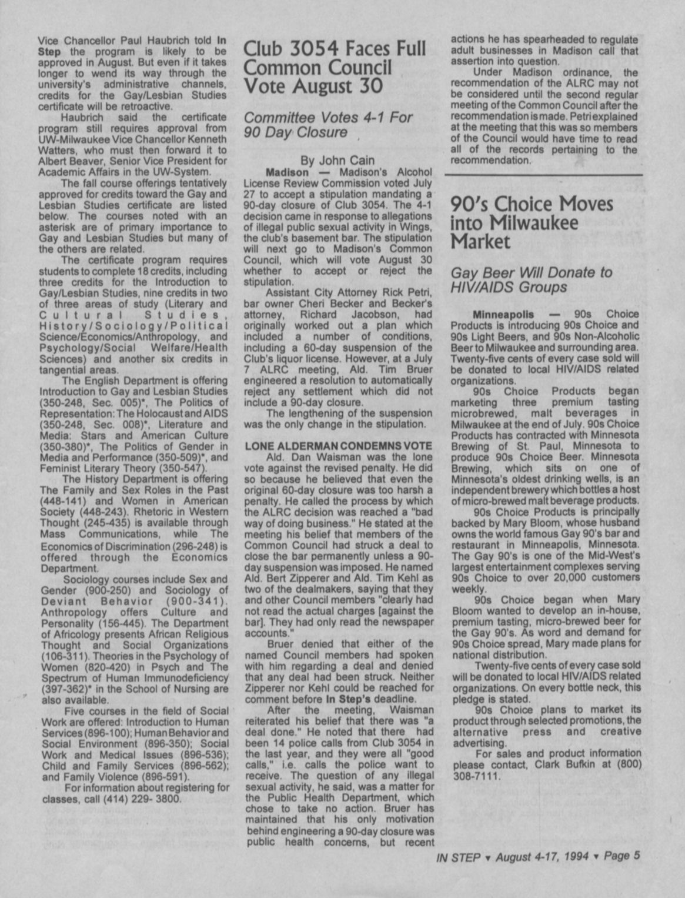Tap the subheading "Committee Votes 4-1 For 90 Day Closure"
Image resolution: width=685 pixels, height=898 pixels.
click(x=328, y=125)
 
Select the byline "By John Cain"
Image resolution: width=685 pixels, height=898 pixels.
click(x=338, y=160)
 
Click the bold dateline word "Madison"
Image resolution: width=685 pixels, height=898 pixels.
click(x=287, y=172)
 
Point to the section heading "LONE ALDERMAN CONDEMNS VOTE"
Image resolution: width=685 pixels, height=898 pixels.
click(x=338, y=446)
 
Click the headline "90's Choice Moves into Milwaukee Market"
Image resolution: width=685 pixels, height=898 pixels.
click(x=532, y=223)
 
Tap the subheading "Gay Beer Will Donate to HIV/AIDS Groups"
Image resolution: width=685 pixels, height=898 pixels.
click(x=531, y=280)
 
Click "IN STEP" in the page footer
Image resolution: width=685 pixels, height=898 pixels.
click(x=456, y=857)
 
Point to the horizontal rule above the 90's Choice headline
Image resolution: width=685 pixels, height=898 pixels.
click(x=544, y=175)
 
